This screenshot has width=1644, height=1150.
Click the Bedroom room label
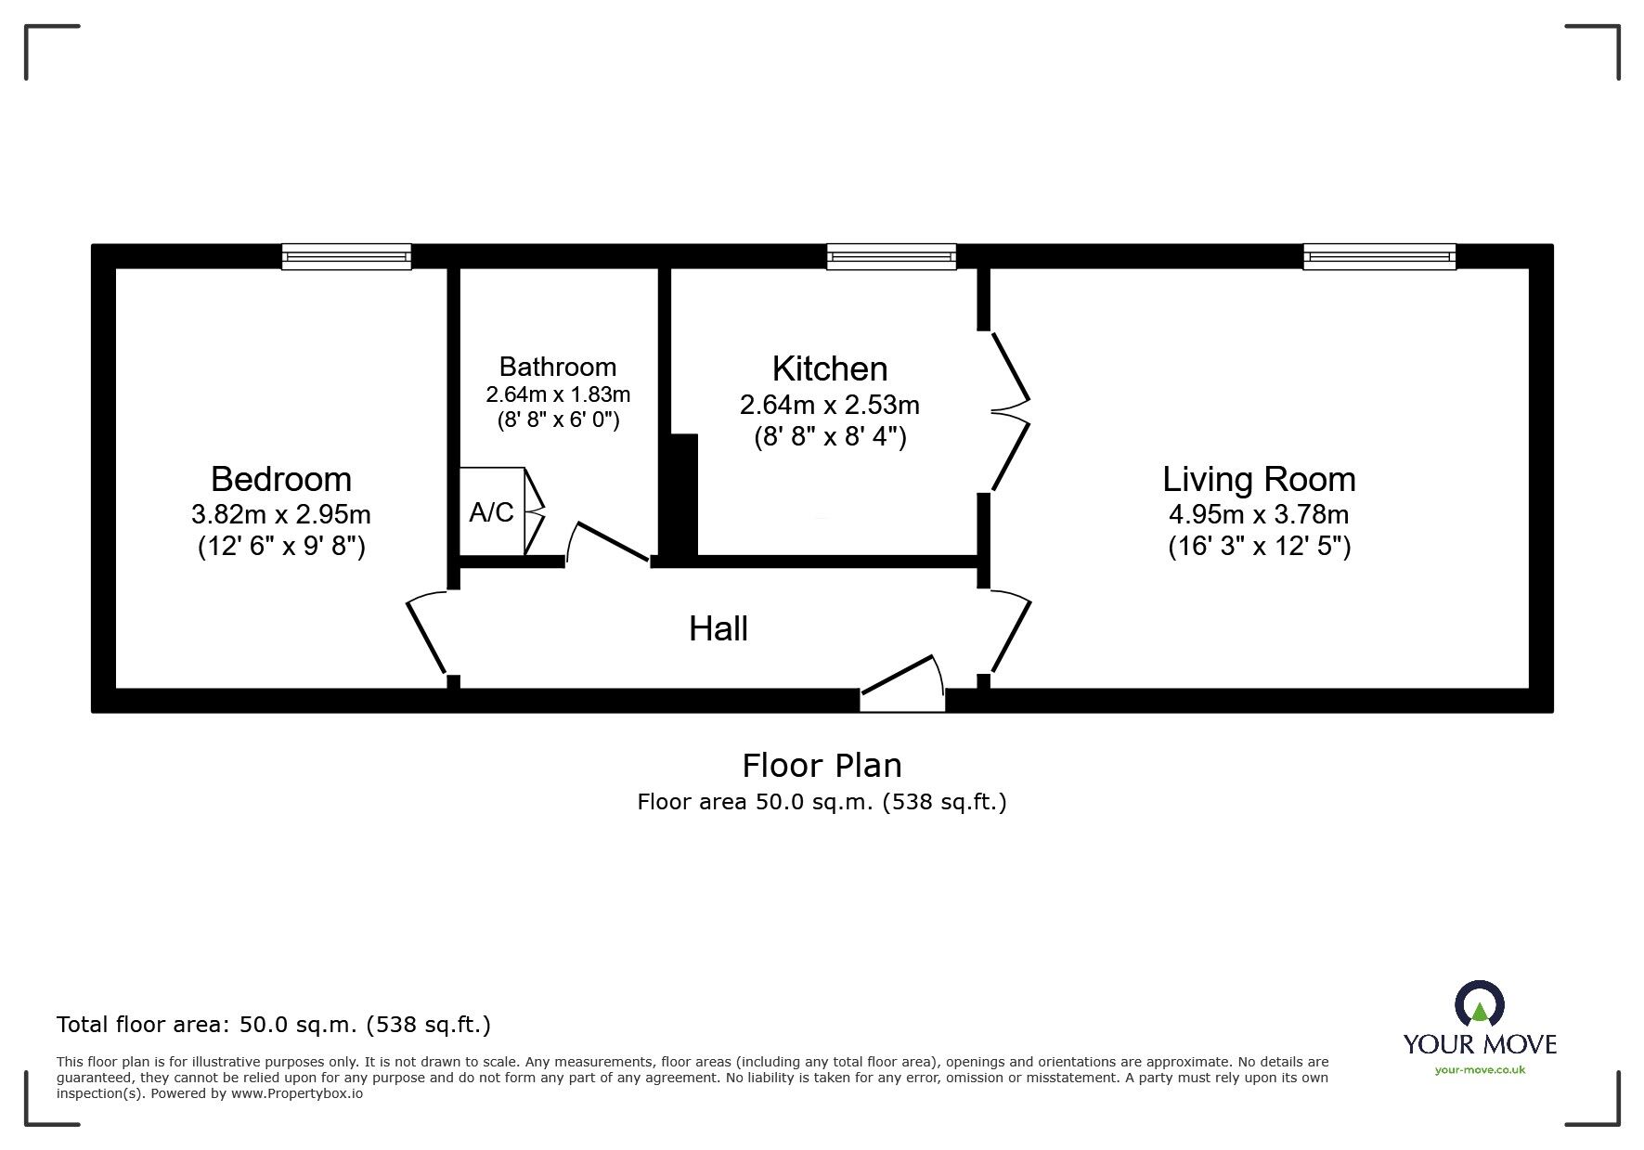pos(281,479)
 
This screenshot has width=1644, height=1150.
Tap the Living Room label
pos(1259,479)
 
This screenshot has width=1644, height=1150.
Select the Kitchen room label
pos(830,368)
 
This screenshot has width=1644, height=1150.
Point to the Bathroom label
pos(557,367)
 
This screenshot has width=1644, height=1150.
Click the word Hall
pos(718,628)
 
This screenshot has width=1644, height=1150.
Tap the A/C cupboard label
pos(491,512)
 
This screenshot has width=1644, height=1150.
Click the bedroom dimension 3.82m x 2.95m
pos(281,513)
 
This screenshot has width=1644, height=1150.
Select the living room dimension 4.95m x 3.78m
pos(1259,513)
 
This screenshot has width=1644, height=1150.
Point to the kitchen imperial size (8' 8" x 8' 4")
pos(830,436)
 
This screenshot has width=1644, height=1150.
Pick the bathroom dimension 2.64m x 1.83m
pos(558,394)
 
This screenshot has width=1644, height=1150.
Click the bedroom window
pos(346,256)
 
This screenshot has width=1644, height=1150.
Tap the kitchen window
pos(891,256)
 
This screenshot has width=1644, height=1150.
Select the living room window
pos(1379,256)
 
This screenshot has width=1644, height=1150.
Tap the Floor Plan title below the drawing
pos(822,765)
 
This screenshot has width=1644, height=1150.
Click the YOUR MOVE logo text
pos(1480,1043)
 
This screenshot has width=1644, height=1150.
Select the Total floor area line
pos(274,1025)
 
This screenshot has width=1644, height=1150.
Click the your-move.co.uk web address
pos(1480,1070)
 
